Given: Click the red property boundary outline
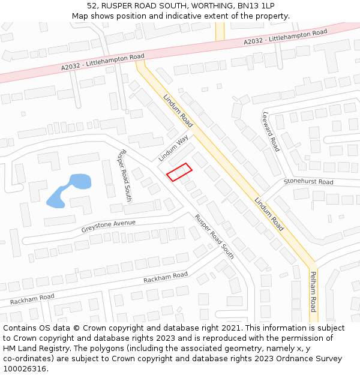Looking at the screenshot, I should tap(179, 172).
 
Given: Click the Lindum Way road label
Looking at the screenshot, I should tap(173, 148).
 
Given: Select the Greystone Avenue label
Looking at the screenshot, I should tap(109, 226).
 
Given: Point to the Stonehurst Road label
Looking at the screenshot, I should tap(308, 181).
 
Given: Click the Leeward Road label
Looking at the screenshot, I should tap(271, 131).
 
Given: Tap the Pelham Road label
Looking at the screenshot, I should tap(313, 292).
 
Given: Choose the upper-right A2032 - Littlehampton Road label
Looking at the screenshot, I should tap(286, 37).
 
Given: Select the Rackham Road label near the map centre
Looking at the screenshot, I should tap(166, 277).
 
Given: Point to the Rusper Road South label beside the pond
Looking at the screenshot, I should tap(124, 175).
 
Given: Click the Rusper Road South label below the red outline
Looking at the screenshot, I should tap(214, 236).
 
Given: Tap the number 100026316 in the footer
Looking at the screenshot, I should tap(25, 368).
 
